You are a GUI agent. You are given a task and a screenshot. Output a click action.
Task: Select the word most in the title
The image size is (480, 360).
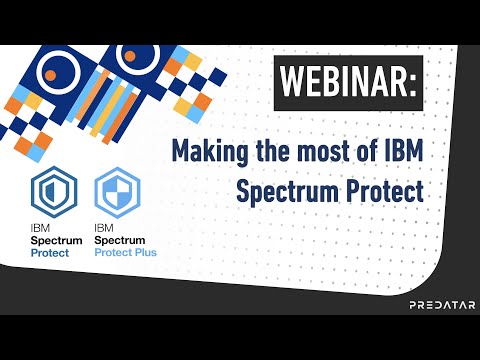pos(323,152)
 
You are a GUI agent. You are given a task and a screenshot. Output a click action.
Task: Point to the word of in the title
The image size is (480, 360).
pos(370,152)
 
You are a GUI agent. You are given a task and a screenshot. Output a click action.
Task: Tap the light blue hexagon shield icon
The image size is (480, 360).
pos(117,191)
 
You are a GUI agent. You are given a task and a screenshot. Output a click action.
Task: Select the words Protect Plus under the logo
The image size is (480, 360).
pos(125,253)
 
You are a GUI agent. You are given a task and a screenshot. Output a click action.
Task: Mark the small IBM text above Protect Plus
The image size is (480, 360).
pos(103,229)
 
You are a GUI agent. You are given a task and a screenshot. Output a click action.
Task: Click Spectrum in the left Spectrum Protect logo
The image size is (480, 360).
pos(56,241)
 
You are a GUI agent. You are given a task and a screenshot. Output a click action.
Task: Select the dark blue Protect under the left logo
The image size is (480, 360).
pos(51,253)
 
